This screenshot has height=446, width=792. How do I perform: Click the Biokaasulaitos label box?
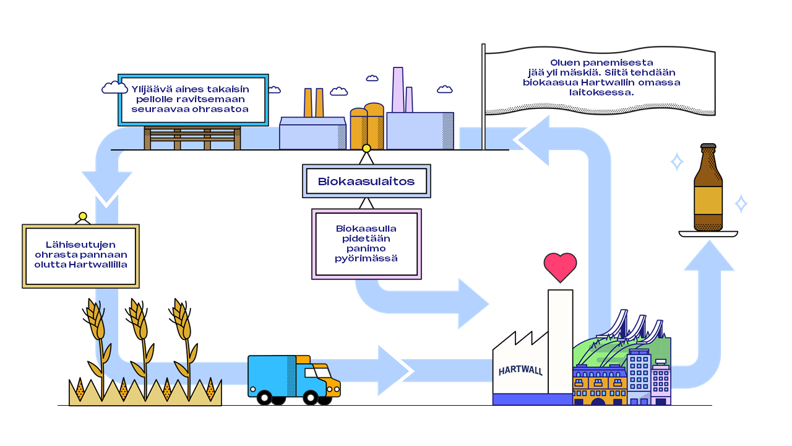pos(366,181)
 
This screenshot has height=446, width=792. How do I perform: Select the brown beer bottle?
pos(708,189)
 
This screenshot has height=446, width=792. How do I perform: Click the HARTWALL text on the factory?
pos(520,370)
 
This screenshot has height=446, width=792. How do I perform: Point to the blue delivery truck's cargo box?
pos(272,375)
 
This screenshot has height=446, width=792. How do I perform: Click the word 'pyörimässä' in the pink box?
pos(366,258)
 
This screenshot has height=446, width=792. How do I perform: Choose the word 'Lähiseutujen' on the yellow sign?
pos(81,245)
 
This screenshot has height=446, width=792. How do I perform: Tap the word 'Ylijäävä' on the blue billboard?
pos(148,89)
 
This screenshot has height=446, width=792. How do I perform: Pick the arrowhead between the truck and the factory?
pos(394,370)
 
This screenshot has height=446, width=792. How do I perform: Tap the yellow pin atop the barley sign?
pos(82,216)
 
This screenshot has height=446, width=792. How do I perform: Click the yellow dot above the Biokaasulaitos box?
pos(366,148)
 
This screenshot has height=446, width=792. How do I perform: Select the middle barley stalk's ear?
pos(137,319)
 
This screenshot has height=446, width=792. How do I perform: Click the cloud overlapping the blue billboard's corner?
pos(114,88)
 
